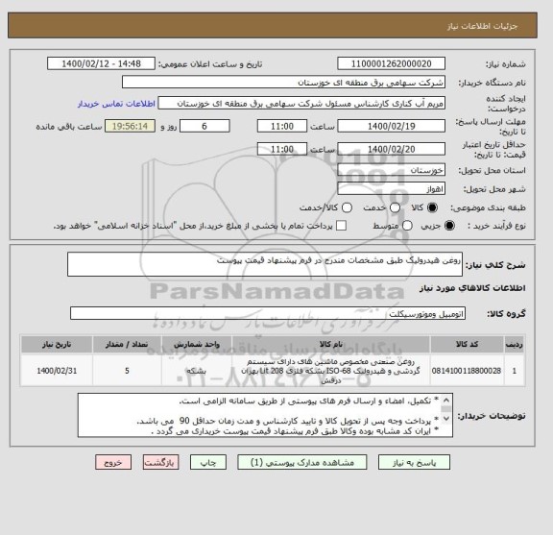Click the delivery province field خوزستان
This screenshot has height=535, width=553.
[x=392, y=170]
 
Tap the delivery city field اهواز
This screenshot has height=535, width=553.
[x=392, y=189]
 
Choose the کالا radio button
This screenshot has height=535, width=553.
[x=431, y=207]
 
